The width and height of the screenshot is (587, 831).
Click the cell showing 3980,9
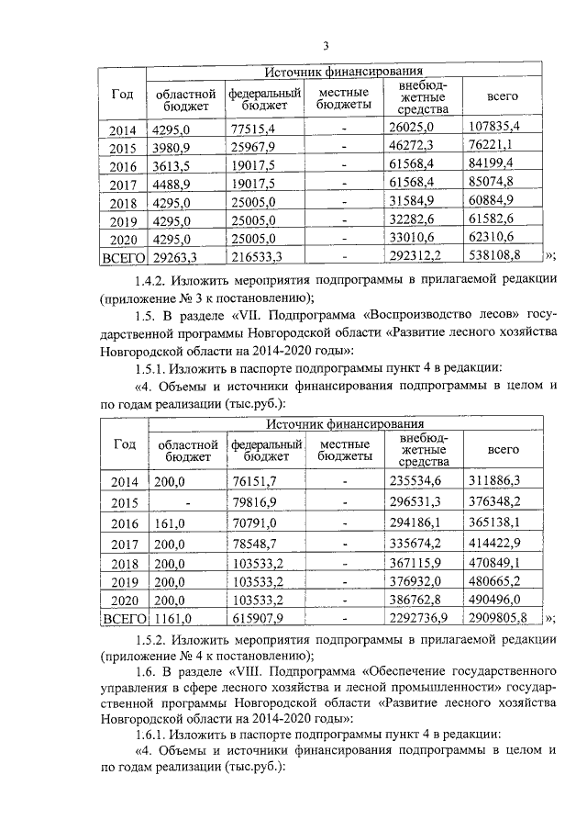174,148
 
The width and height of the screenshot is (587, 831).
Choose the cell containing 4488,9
174,184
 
